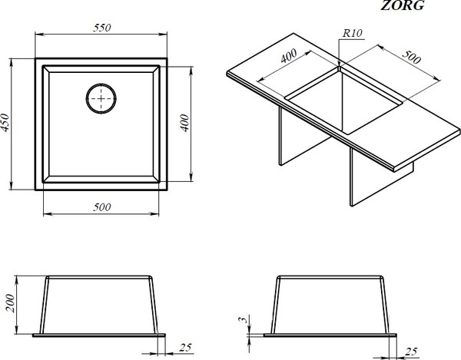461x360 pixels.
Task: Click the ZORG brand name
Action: [x=403, y=5]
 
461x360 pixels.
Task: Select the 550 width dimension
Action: [x=102, y=28]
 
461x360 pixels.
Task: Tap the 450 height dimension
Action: [x=5, y=123]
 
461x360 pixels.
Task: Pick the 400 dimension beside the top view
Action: [x=184, y=123]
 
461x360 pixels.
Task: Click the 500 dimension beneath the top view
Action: [x=102, y=207]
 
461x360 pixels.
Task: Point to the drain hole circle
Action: [x=101, y=99]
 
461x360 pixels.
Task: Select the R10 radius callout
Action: [x=352, y=33]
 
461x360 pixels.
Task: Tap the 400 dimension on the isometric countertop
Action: [x=289, y=56]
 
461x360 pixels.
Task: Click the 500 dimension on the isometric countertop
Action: [x=411, y=57]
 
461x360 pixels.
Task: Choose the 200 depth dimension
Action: [x=10, y=303]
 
